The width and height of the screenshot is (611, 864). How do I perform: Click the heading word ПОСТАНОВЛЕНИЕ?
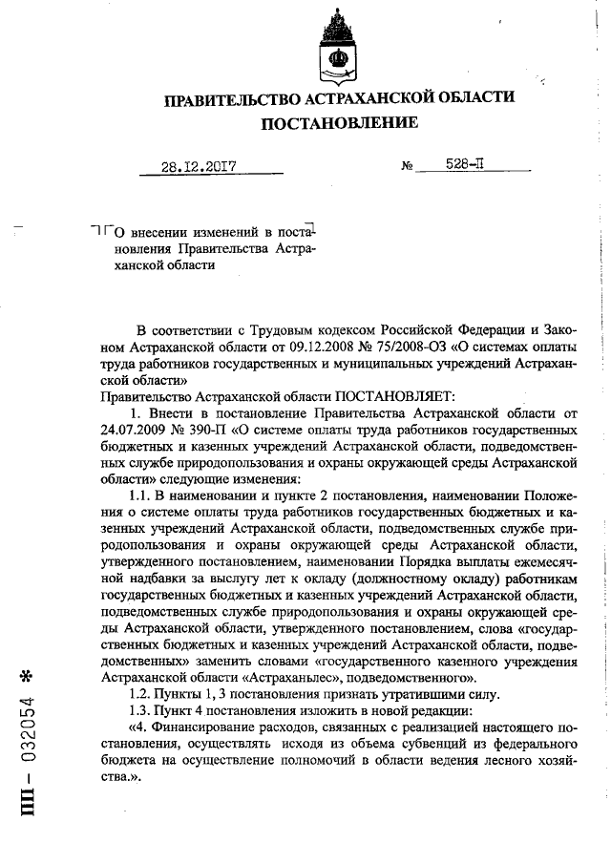[339, 123]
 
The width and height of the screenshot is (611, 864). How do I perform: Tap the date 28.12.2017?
[199, 165]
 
